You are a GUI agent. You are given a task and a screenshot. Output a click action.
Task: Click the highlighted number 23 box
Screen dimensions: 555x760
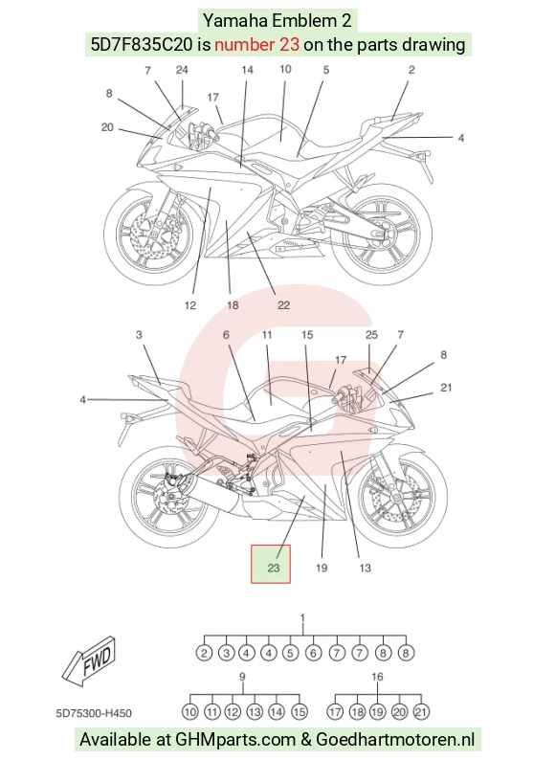271,564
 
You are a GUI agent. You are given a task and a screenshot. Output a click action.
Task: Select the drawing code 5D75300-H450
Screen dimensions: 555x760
94,713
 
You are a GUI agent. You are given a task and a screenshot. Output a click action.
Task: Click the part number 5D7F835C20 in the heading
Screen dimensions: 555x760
142,45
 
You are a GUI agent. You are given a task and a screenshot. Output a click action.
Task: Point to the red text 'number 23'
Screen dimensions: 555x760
256,45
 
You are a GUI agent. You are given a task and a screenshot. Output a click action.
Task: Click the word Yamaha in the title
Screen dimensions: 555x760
235,20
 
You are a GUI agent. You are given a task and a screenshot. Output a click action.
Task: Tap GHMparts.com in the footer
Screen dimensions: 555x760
235,740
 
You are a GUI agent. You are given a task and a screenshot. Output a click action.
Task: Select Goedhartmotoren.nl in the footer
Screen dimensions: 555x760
395,740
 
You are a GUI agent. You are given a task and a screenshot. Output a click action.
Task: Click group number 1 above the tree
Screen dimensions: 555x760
303,618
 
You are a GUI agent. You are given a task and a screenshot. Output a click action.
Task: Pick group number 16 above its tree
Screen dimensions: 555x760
377,677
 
